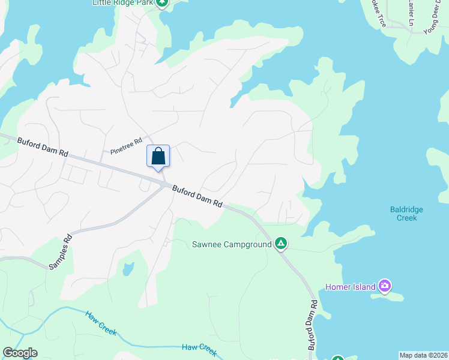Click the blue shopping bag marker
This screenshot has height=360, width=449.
tap(158, 157)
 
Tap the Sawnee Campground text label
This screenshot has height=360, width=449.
tap(231, 244)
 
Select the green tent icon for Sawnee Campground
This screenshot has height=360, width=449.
tap(280, 244)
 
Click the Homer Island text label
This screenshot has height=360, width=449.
tap(351, 286)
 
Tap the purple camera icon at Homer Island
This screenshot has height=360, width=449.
tap(385, 286)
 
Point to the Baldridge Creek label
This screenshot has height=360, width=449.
tap(406, 214)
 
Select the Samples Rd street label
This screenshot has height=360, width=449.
tap(60, 250)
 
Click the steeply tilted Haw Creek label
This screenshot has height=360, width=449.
tap(100, 323)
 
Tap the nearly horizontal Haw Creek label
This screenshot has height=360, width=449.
tap(199, 348)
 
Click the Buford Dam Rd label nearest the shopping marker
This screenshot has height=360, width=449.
tap(197, 196)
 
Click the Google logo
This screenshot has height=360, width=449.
tap(20, 353)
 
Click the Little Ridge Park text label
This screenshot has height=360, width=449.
tap(123, 3)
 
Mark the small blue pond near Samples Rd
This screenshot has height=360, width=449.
tap(128, 269)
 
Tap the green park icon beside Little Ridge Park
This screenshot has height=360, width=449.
tap(162, 3)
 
